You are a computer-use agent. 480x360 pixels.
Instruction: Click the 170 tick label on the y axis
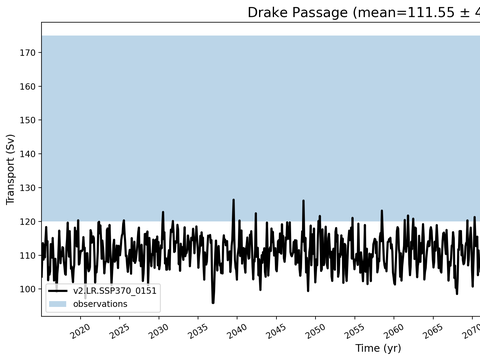(27, 53)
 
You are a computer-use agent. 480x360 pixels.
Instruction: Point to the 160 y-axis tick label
(27, 87)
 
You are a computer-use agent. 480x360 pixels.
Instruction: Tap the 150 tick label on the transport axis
(27, 120)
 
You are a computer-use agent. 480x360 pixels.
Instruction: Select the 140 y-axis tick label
(27, 154)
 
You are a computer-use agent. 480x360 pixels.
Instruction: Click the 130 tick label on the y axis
(27, 188)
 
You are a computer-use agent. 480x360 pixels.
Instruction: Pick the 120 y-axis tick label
(27, 222)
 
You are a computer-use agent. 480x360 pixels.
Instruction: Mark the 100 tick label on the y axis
(27, 289)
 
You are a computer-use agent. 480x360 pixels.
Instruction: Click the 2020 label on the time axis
(80, 332)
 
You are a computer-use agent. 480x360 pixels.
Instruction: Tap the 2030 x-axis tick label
(158, 332)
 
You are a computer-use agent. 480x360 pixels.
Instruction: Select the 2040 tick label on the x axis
(237, 332)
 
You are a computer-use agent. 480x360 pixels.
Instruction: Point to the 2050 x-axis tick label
(315, 332)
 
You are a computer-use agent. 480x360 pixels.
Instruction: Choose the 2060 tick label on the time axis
(393, 332)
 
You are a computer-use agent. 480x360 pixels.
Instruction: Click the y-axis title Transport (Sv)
(10, 169)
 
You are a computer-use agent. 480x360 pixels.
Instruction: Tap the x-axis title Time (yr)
(378, 348)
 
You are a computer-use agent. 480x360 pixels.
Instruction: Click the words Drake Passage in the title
(298, 13)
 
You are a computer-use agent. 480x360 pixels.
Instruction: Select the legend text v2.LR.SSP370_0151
(115, 291)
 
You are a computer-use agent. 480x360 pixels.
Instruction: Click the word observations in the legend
(100, 304)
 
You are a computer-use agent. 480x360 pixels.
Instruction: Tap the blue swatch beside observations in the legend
(58, 304)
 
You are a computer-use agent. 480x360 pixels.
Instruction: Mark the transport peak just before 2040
(233, 200)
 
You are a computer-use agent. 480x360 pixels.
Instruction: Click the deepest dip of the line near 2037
(213, 303)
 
